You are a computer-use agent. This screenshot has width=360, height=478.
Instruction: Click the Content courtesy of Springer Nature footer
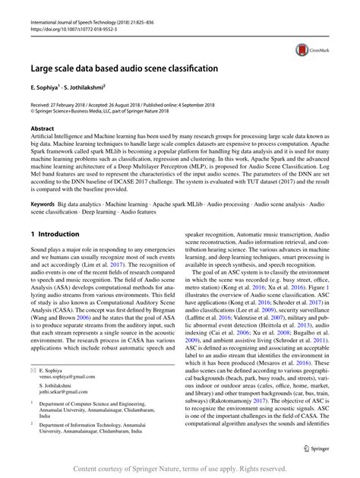click(180, 468)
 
